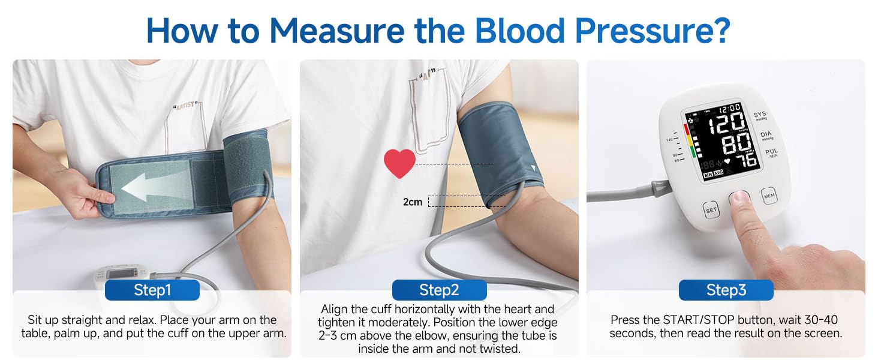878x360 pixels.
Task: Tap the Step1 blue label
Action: pyautogui.click(x=152, y=290)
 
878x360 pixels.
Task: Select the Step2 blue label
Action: pyautogui.click(x=439, y=290)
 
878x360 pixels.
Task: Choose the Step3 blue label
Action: pyautogui.click(x=726, y=290)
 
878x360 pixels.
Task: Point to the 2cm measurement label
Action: pyautogui.click(x=413, y=202)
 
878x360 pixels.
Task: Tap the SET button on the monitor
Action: pyautogui.click(x=711, y=211)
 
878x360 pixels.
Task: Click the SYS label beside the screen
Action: pyautogui.click(x=760, y=115)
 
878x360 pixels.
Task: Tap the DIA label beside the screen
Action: pyautogui.click(x=766, y=135)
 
